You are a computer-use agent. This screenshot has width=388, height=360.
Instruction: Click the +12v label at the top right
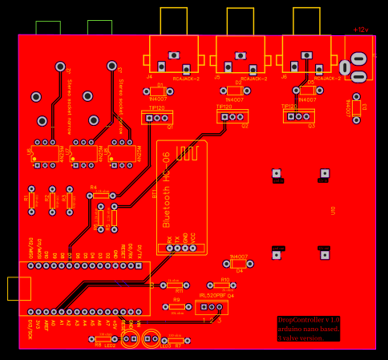click(362, 30)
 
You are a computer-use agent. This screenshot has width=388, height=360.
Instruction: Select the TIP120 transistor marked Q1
click(158, 117)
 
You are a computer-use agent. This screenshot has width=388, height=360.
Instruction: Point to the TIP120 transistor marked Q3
click(298, 115)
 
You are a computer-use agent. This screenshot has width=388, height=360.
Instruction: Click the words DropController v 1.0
click(309, 320)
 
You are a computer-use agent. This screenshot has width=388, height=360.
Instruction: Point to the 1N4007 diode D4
click(239, 263)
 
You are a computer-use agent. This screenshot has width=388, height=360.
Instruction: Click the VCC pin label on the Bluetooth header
click(193, 239)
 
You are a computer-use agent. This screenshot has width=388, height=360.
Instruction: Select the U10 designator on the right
click(333, 210)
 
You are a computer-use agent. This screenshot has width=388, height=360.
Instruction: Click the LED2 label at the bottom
click(110, 346)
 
